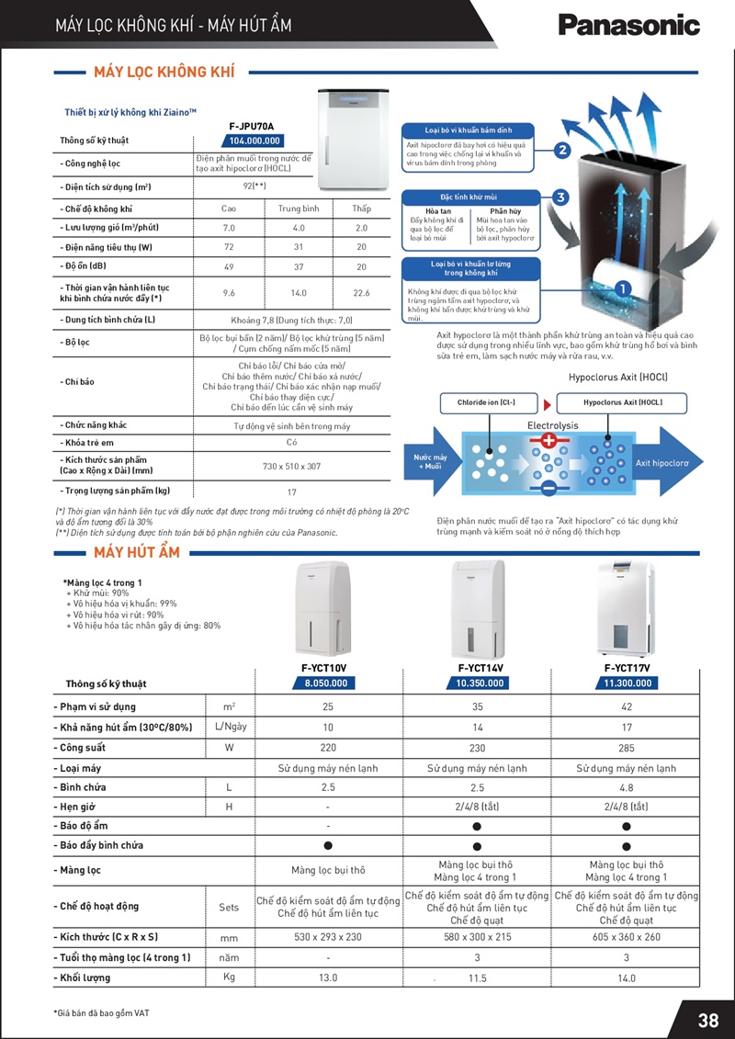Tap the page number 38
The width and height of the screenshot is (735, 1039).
click(x=707, y=1020)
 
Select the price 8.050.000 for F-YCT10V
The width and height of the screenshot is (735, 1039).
click(x=327, y=683)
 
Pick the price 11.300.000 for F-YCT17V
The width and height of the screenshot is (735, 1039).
click(x=627, y=683)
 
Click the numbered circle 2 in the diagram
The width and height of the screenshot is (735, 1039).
click(x=562, y=150)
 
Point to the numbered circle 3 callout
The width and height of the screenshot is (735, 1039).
click(x=562, y=197)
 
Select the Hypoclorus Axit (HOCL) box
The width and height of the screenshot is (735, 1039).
click(x=622, y=402)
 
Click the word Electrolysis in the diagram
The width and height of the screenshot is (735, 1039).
click(x=553, y=425)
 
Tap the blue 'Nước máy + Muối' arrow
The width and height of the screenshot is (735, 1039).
click(x=432, y=462)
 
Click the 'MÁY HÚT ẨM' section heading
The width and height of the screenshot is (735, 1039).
click(x=137, y=552)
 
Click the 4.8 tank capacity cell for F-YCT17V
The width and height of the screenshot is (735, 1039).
click(x=627, y=787)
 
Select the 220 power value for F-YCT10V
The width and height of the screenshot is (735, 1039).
click(x=327, y=748)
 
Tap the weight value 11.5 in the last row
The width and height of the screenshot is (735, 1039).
click(x=476, y=978)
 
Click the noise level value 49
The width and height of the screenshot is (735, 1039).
click(x=229, y=266)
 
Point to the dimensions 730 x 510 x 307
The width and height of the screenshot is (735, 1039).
click(x=292, y=467)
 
